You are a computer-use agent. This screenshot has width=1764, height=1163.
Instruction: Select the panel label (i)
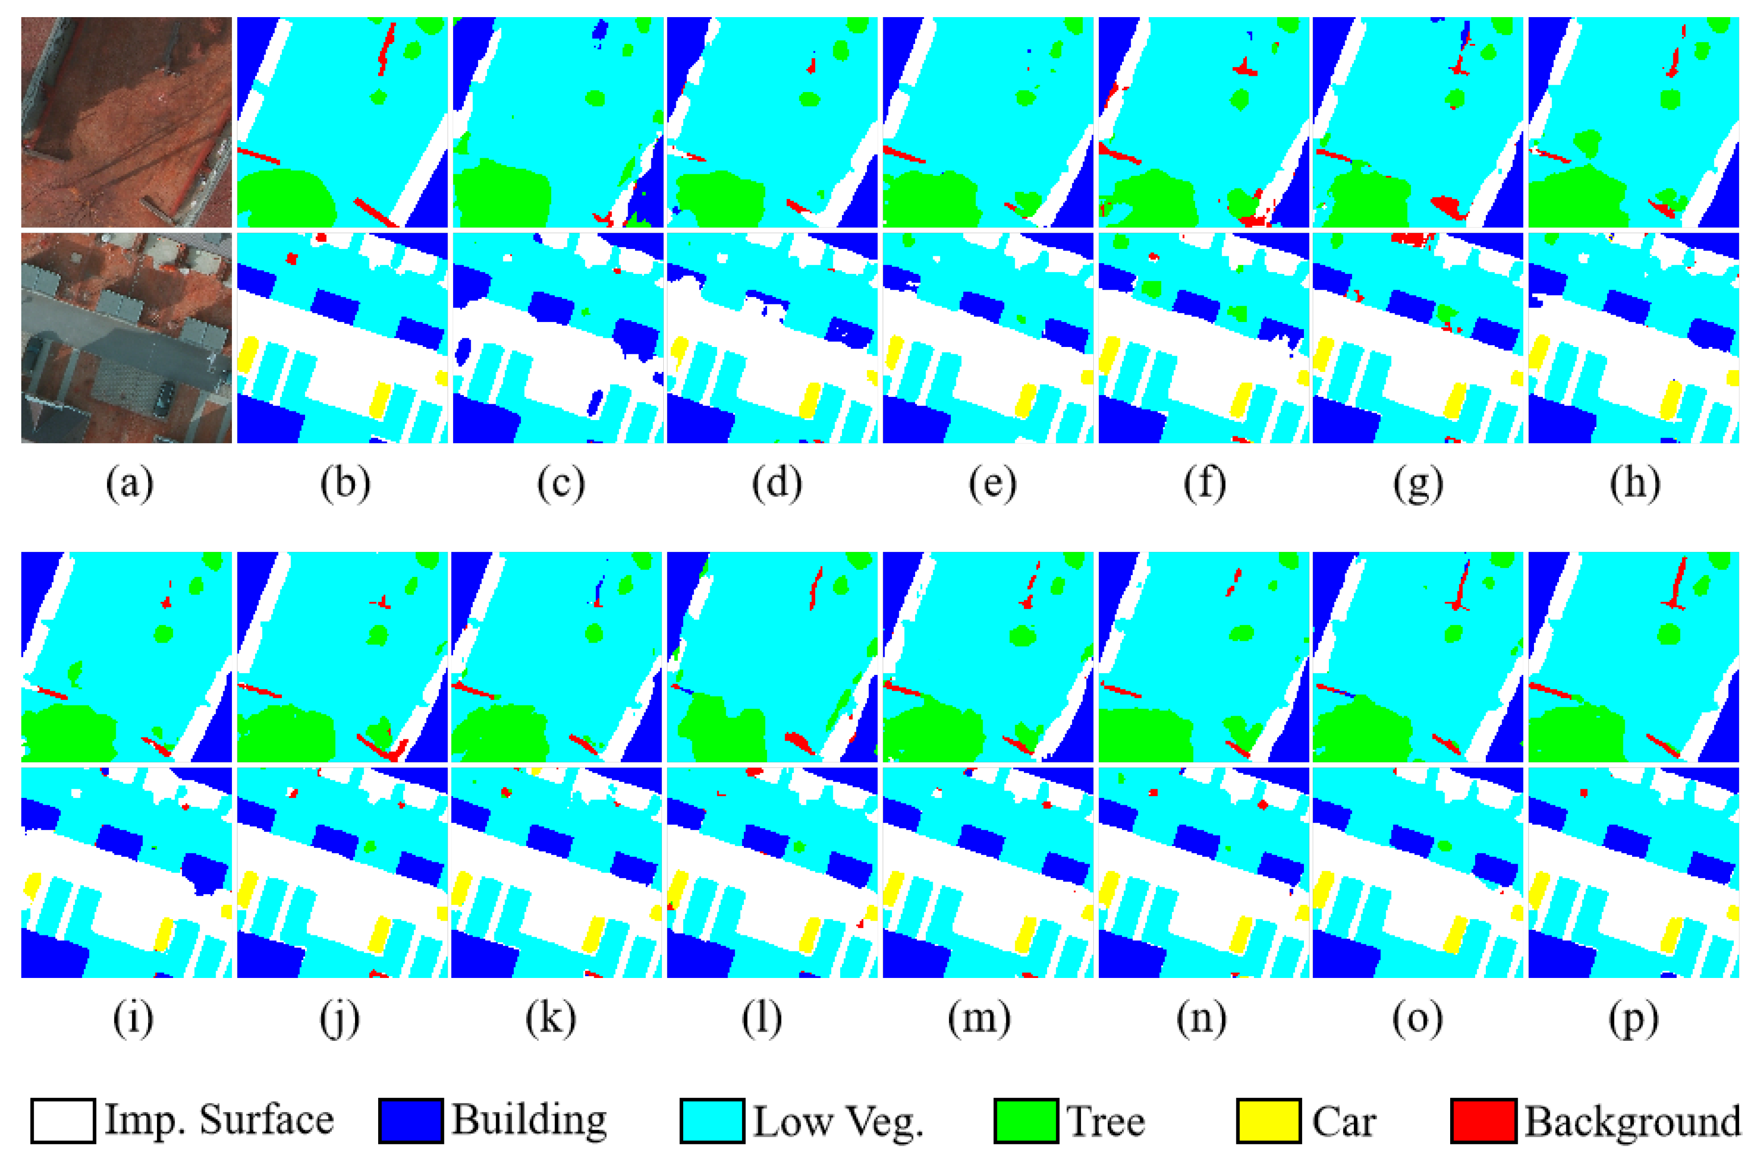[133, 1018]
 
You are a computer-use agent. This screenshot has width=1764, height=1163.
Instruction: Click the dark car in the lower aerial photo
[163, 399]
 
